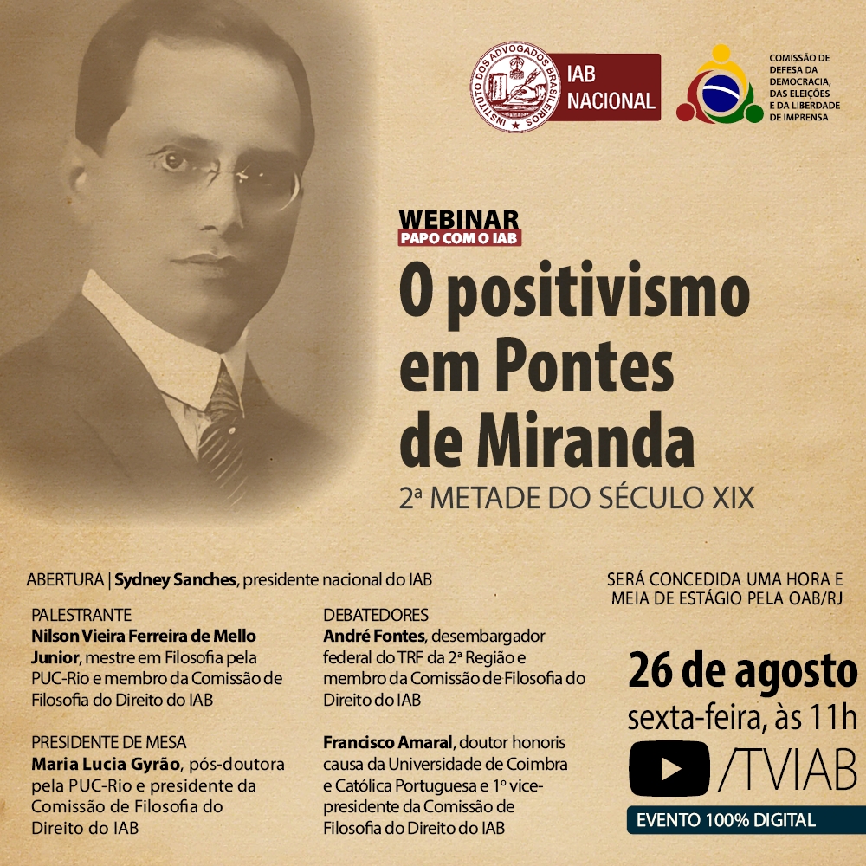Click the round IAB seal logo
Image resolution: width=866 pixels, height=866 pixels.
click(x=515, y=87)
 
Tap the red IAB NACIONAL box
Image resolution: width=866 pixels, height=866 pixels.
click(x=608, y=87)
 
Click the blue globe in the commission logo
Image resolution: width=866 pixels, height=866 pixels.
click(x=721, y=93)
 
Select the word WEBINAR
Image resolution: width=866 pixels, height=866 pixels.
click(x=459, y=219)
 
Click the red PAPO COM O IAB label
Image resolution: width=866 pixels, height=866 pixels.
click(x=460, y=237)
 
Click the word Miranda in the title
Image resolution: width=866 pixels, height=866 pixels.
click(x=585, y=439)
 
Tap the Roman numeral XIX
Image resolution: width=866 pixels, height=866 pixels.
click(x=734, y=498)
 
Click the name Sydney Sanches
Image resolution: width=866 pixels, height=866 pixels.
click(x=175, y=580)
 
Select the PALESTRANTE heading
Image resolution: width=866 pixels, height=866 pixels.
click(x=81, y=615)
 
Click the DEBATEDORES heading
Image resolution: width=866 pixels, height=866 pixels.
click(x=376, y=615)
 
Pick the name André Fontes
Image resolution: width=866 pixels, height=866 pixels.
click(x=374, y=637)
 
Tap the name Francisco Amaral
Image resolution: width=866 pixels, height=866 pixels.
click(x=388, y=743)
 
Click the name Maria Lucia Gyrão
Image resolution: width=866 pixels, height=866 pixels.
click(x=106, y=765)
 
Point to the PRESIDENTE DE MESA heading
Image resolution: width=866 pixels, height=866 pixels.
click(x=109, y=742)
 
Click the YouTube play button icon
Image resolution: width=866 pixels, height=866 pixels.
click(x=669, y=768)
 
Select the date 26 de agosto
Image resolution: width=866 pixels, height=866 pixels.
click(x=742, y=671)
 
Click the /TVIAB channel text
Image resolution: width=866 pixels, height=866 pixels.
click(x=788, y=769)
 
